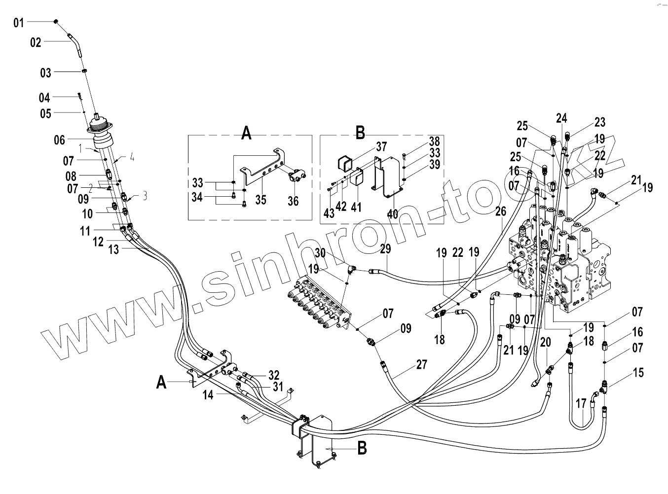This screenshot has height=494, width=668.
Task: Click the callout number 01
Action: tap(18, 23)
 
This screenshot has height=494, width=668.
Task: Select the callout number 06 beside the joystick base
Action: tap(59, 141)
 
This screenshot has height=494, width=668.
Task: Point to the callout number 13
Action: tap(114, 250)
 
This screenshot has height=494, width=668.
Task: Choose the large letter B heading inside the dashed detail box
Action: tap(361, 133)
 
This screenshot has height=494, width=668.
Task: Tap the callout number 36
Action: tap(293, 202)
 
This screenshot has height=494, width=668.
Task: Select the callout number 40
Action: tap(392, 214)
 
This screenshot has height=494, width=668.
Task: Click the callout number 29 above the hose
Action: tap(385, 249)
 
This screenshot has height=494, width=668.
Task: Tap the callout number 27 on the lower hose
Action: tap(422, 365)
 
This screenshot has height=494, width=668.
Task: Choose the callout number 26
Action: tap(501, 212)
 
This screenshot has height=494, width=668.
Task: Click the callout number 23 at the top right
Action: tap(599, 122)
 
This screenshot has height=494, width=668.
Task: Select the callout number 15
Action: tap(638, 372)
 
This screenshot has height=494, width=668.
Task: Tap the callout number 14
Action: tap(209, 394)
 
